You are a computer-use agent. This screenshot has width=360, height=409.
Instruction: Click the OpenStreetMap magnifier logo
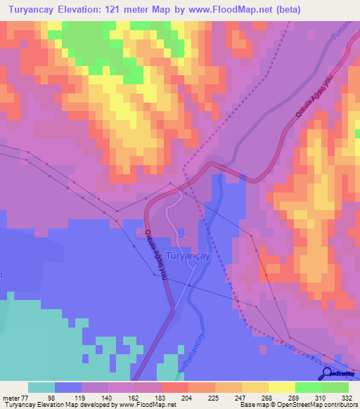[x=328, y=374]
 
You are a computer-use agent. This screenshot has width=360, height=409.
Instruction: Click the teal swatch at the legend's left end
[x=41, y=387]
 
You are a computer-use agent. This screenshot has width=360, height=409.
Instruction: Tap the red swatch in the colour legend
[x=174, y=387]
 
